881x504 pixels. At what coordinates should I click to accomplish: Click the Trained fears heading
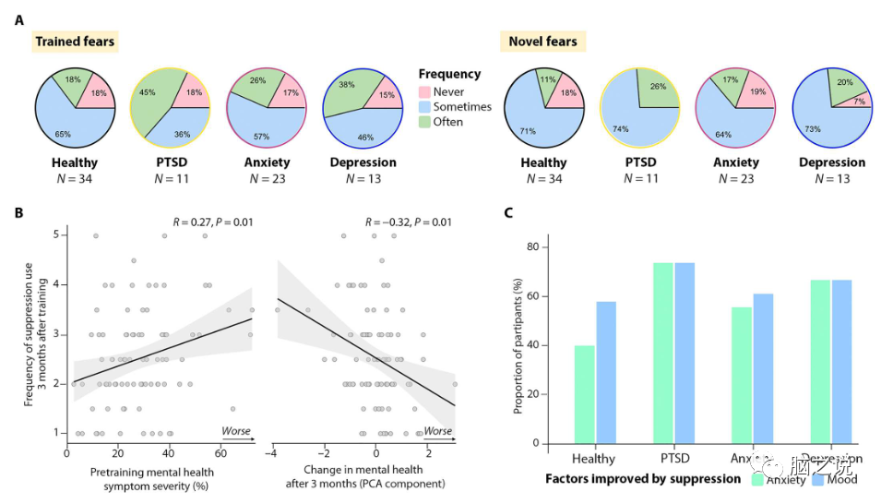click(75, 42)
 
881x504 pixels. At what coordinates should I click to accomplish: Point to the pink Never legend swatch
click(424, 92)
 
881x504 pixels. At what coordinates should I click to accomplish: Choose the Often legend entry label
click(448, 121)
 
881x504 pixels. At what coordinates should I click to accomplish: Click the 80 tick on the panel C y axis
click(531, 247)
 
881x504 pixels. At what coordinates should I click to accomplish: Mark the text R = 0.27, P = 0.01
click(213, 222)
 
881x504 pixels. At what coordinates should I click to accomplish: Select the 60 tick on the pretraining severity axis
click(220, 454)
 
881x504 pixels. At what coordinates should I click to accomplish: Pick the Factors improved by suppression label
click(643, 479)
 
